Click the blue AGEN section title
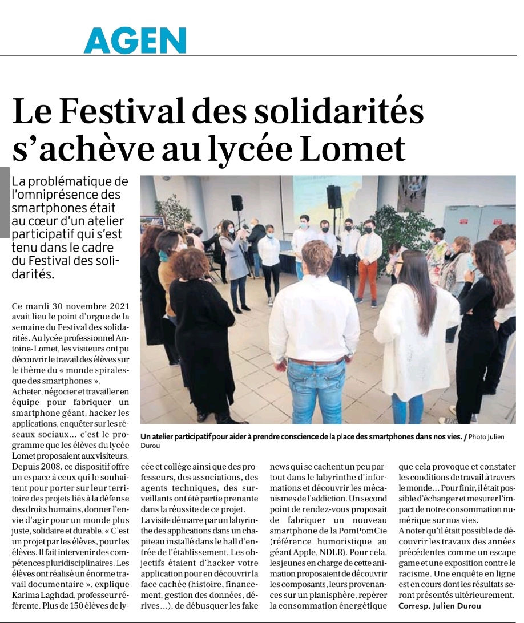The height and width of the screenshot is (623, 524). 135,41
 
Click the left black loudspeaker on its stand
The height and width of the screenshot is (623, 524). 237,203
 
